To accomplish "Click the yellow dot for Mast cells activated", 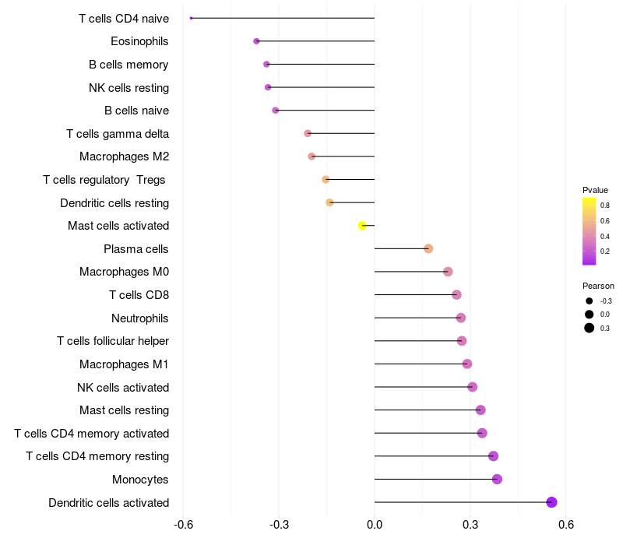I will click(362, 226).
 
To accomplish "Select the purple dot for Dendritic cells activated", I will click(552, 502).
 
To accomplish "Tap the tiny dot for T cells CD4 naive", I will click(191, 18).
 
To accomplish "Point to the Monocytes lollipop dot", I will click(497, 479).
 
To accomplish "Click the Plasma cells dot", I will click(428, 248).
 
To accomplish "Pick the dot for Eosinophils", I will click(256, 41).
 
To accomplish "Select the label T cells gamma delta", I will click(118, 134).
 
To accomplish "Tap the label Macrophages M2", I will click(124, 156).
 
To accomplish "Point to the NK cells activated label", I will click(123, 387).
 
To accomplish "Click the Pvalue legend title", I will click(595, 190).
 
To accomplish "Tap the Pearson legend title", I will click(598, 286).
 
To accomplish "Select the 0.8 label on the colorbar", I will click(605, 206).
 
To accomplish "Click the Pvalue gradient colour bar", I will click(589, 231).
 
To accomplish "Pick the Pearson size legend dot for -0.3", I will click(590, 301).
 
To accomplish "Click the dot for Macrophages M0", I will click(448, 272).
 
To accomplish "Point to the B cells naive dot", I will click(276, 111).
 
